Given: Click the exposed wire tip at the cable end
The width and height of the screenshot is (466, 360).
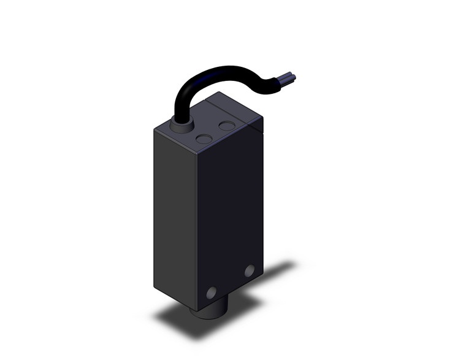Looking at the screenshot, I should pos(291,78).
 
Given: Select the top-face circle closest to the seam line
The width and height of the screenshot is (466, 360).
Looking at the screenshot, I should pos(227,126).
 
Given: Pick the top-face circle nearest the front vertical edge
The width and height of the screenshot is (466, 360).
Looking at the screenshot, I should pos(204,139).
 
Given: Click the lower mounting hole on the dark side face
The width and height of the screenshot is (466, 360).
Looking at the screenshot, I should pos(212,293).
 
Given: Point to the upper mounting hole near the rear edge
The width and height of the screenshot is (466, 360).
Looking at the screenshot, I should pos(249,270).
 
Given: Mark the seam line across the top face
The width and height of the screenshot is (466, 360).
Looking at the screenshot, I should pos(233,113).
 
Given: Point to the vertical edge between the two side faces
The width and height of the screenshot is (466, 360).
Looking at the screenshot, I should pos(196,227).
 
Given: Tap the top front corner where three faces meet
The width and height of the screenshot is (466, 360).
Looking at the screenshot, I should pos(196,151).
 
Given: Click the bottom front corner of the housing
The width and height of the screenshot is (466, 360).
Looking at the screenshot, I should pos(196,310).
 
